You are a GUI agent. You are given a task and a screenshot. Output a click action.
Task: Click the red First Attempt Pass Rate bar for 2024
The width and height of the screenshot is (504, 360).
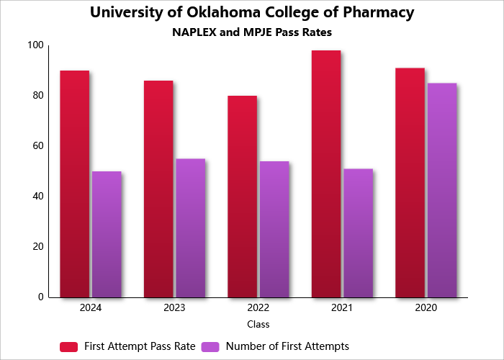click(x=74, y=184)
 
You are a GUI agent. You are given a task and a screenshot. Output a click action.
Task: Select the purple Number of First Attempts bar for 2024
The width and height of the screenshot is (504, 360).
click(x=107, y=234)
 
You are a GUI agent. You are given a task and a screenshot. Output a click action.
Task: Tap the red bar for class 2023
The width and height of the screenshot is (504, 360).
click(x=158, y=189)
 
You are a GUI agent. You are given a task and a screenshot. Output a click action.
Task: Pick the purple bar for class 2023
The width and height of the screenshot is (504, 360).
click(x=190, y=228)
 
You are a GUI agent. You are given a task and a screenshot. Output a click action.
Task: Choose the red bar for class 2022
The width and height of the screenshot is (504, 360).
click(x=242, y=196)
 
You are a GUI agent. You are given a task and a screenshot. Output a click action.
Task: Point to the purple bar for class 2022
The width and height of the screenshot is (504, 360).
click(x=274, y=229)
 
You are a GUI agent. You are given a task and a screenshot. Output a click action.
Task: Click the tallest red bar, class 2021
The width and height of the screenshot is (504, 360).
click(x=326, y=174)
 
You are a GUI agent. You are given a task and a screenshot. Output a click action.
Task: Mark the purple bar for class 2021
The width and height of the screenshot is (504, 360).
click(x=358, y=233)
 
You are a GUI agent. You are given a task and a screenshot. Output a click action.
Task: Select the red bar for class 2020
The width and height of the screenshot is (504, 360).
click(x=410, y=182)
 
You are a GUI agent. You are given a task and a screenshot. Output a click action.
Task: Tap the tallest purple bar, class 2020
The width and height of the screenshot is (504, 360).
click(x=442, y=190)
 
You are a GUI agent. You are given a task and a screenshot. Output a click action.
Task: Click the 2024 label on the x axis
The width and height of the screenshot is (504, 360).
click(x=91, y=307)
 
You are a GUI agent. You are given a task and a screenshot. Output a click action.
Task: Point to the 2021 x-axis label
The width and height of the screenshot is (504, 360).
click(x=342, y=307)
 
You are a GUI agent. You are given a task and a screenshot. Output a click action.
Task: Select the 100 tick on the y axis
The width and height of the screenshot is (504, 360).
click(x=35, y=45)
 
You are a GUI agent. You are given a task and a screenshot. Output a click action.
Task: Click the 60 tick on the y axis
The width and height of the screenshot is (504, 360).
click(x=37, y=146)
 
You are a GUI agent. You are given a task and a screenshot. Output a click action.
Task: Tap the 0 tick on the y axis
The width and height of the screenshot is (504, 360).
click(x=41, y=297)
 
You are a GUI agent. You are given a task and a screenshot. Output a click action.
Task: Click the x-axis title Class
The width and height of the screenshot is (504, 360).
click(x=258, y=325)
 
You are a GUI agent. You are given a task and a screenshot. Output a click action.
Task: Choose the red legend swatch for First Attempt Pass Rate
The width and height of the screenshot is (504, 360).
click(x=68, y=346)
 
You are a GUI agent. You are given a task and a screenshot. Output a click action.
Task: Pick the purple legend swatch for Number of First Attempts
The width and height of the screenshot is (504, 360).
click(x=210, y=346)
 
